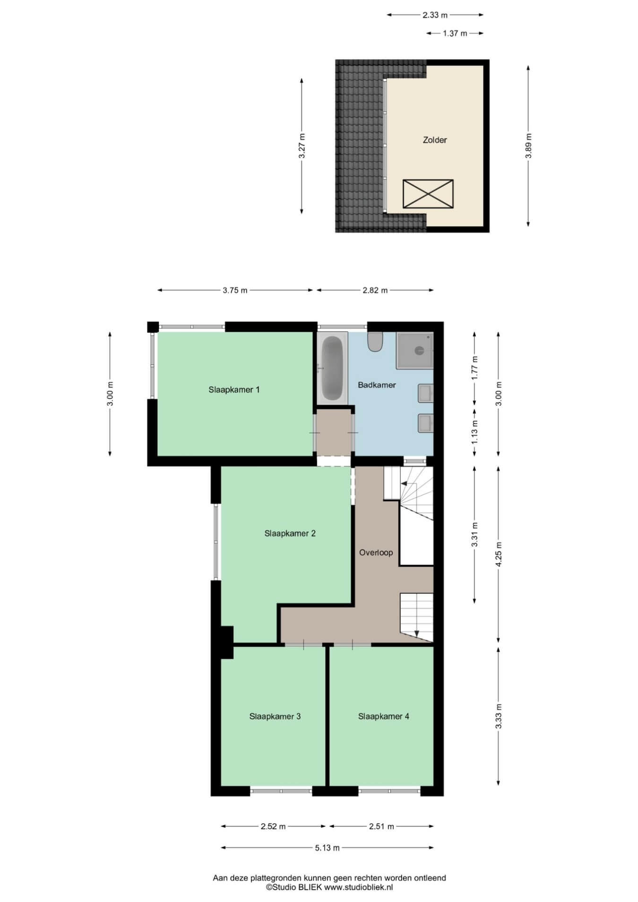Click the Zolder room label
point(434,140)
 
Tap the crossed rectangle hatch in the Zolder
point(428,194)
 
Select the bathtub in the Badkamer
point(332,368)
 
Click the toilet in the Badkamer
point(375,342)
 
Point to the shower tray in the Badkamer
point(414,350)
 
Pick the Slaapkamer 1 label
point(234,390)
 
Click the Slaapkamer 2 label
point(290,533)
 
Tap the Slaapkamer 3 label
point(275,716)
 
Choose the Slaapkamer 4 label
point(383,716)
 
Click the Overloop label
point(376,552)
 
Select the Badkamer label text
point(377,385)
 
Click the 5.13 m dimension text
point(327,848)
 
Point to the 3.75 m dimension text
point(235,290)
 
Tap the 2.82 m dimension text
point(375,290)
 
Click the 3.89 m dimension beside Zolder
point(528,146)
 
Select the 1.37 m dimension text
point(455,33)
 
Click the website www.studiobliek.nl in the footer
point(358,887)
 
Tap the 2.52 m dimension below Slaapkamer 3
point(273,826)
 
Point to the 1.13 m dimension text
point(475,431)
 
